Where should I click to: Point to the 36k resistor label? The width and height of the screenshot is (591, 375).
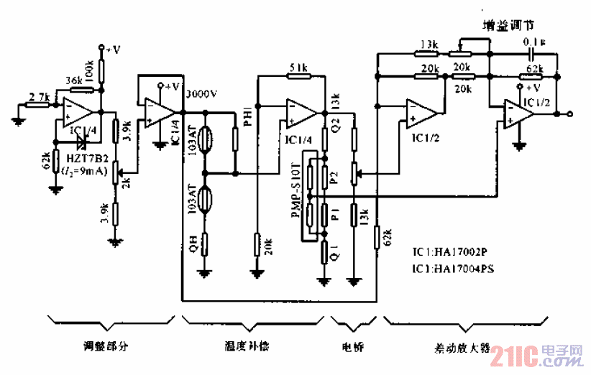73,80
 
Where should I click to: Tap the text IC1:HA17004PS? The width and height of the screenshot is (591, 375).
454,269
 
